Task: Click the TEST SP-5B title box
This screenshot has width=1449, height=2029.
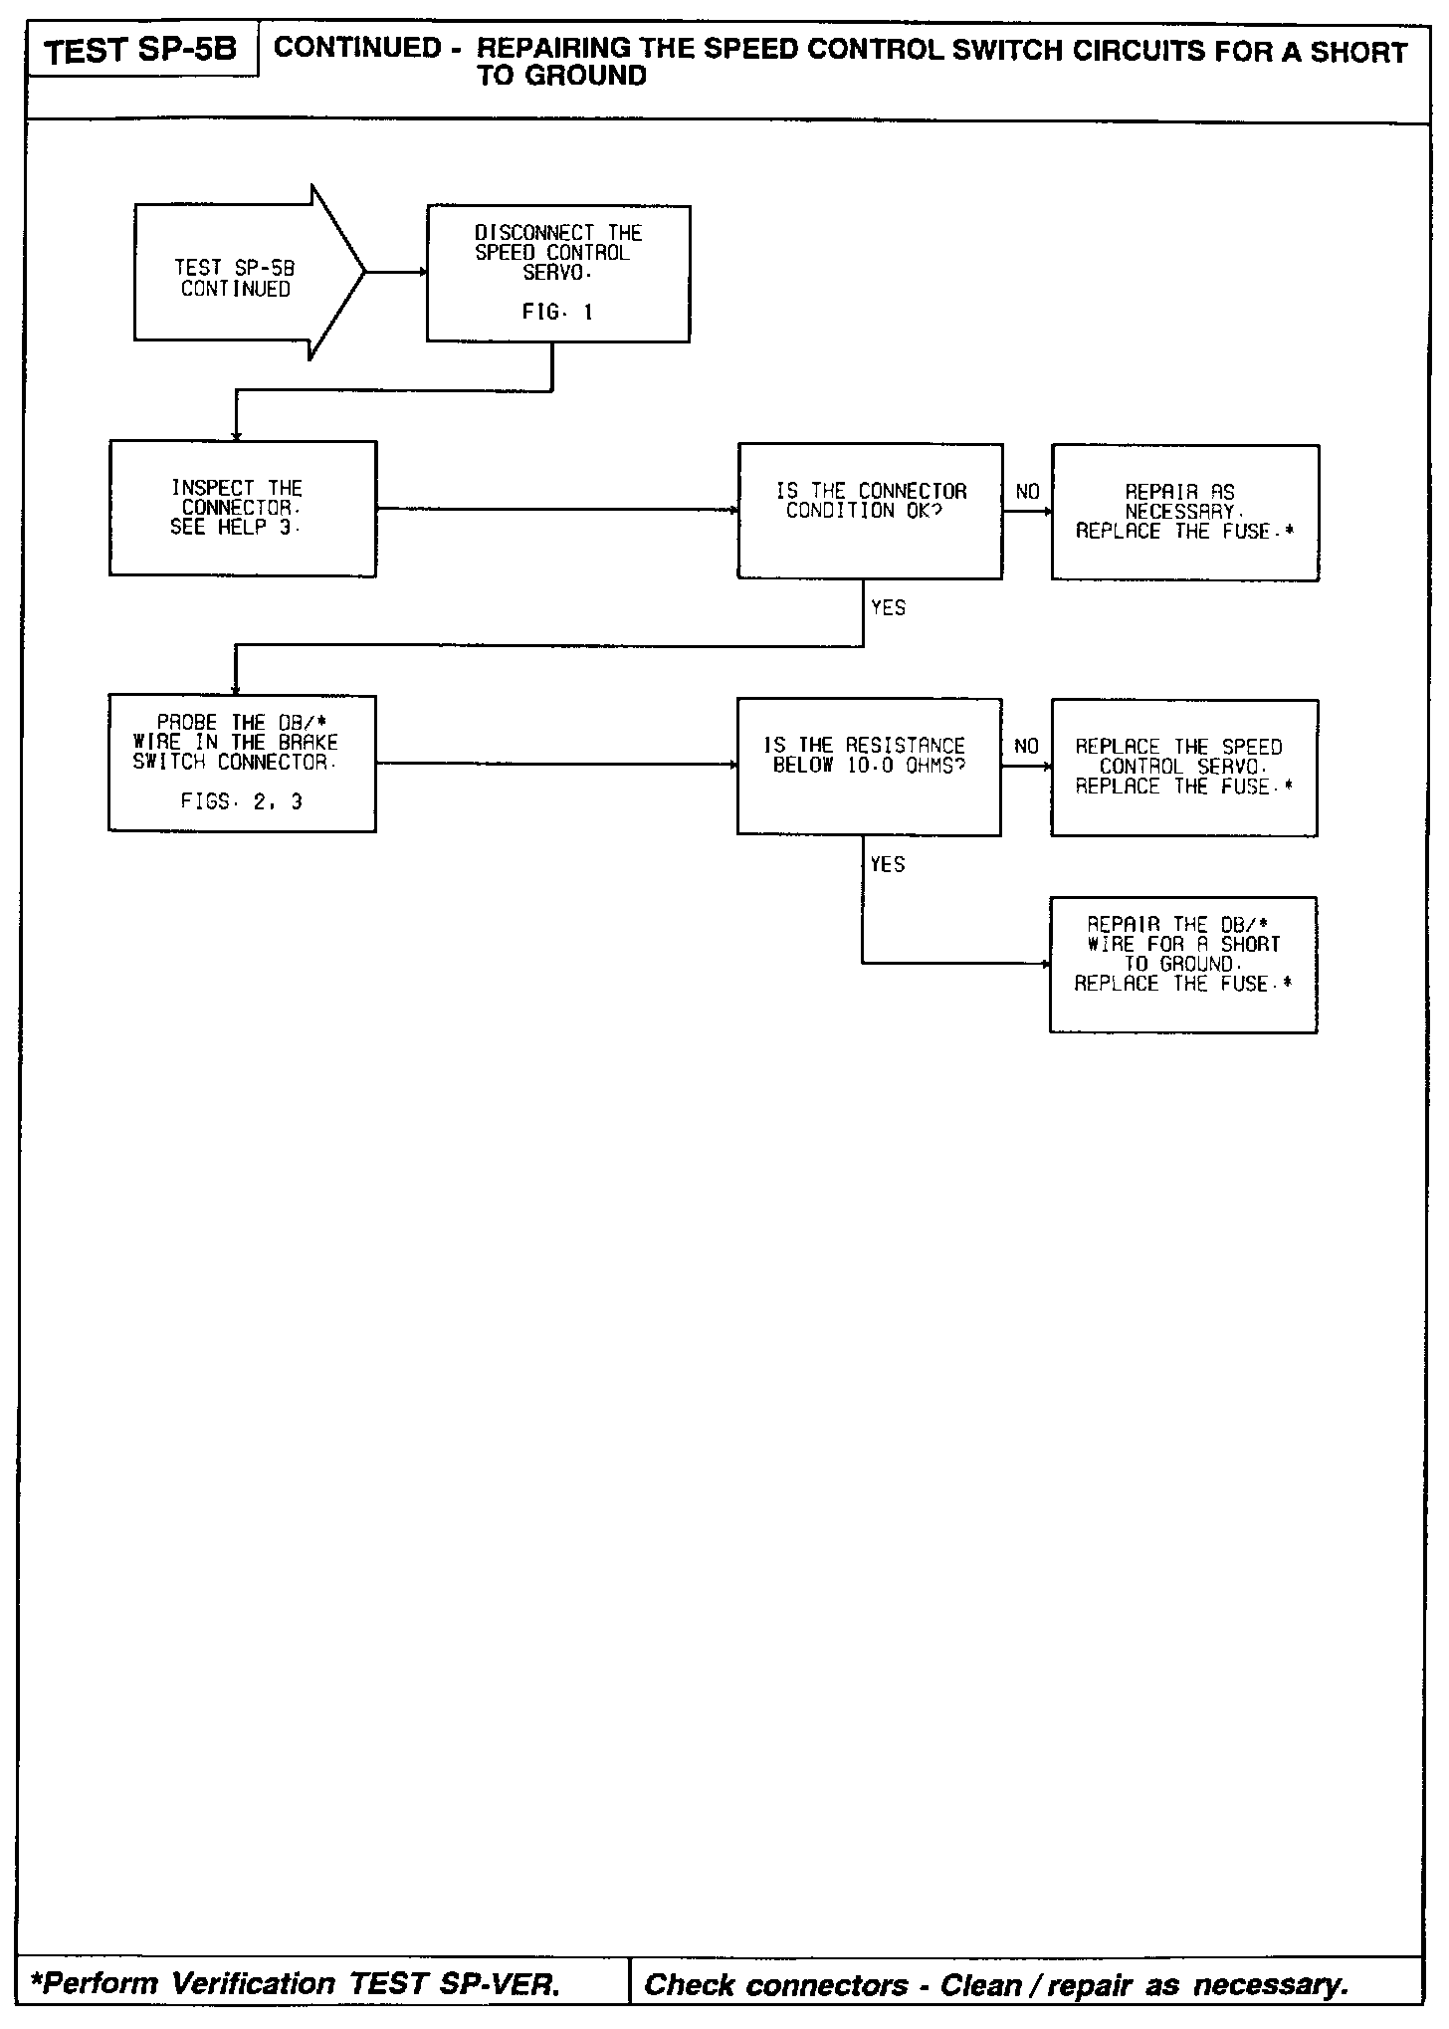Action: click(141, 50)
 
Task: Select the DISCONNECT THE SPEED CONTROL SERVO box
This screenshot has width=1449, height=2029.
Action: click(557, 274)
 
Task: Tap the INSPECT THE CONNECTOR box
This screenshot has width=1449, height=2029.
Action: click(242, 508)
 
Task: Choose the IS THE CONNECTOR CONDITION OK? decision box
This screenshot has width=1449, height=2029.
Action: click(870, 511)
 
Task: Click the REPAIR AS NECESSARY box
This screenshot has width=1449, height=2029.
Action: click(1184, 512)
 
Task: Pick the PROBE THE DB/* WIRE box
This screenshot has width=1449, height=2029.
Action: click(242, 763)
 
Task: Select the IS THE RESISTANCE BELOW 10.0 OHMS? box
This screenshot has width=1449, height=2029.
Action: click(869, 766)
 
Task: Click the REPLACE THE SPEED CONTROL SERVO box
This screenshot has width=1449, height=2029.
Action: click(1183, 767)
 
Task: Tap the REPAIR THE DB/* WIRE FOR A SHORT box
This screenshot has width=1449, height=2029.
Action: click(1182, 964)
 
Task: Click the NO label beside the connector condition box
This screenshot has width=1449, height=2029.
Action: click(1027, 492)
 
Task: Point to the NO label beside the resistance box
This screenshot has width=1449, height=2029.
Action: click(1026, 747)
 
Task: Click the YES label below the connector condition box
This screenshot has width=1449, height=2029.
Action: click(888, 608)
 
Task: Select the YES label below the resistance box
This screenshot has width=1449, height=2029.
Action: click(888, 864)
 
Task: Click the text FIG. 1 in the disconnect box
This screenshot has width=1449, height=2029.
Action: click(557, 313)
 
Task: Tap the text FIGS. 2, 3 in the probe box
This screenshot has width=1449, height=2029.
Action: click(242, 801)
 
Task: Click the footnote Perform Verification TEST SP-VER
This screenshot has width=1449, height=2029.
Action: click(297, 1984)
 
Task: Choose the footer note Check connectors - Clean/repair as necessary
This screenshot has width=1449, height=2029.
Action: click(996, 1984)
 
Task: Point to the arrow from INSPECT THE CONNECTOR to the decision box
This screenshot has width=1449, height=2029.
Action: click(557, 509)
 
